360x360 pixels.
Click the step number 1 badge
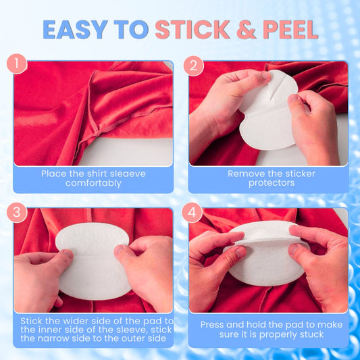pyautogui.click(x=18, y=66)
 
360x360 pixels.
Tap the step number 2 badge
pyautogui.click(x=193, y=66)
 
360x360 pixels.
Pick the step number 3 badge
pyautogui.click(x=18, y=213)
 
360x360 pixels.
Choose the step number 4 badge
pyautogui.click(x=193, y=213)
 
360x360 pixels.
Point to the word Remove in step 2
pyautogui.click(x=246, y=174)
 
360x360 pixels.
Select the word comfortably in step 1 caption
pyautogui.click(x=93, y=183)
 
